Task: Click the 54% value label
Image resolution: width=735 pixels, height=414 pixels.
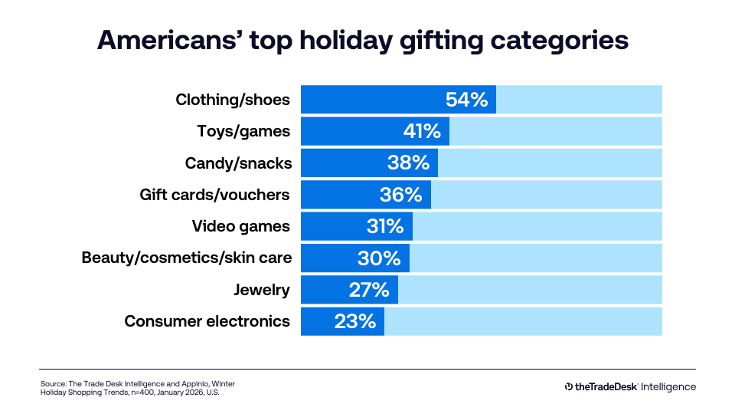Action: tap(466, 100)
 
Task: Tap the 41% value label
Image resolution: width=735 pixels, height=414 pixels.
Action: tap(422, 131)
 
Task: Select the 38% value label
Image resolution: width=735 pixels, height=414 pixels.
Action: tap(409, 163)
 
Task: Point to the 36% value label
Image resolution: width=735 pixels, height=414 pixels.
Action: tap(401, 195)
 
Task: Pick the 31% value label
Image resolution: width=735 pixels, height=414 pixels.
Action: tap(384, 226)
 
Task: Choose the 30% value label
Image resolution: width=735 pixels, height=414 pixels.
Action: tap(379, 258)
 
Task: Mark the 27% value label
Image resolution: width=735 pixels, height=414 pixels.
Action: tap(369, 290)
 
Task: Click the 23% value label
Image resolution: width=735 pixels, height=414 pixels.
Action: tap(355, 321)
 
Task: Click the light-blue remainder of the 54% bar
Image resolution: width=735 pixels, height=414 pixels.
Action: tap(579, 100)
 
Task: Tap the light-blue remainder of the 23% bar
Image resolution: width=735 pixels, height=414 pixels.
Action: tap(523, 321)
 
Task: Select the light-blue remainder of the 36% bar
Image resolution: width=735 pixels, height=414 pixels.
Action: tap(547, 195)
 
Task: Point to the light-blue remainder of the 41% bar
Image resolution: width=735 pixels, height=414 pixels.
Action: tap(556, 131)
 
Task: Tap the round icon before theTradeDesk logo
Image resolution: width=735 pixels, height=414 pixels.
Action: tap(569, 387)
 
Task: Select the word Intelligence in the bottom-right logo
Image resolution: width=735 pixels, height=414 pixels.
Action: tap(668, 387)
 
